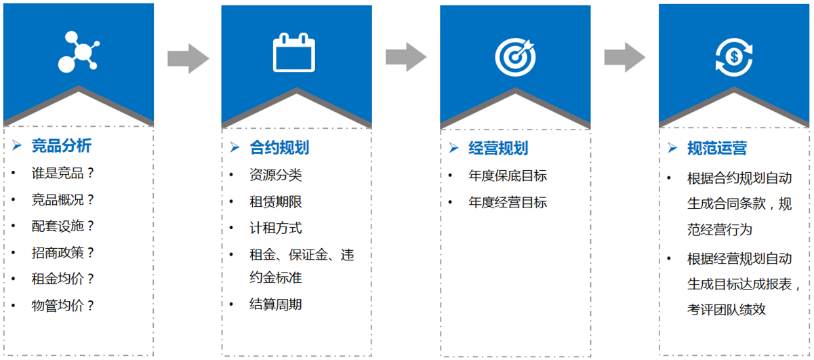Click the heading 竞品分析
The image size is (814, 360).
(61, 146)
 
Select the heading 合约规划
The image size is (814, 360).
(279, 147)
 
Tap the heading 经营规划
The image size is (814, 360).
(498, 148)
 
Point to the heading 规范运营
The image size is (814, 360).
(717, 148)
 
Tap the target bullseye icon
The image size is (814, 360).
(515, 57)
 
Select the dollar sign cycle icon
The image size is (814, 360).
(734, 57)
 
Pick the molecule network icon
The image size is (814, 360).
(79, 52)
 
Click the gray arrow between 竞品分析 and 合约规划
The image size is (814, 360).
(188, 58)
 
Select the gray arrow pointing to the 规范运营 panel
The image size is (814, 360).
(625, 57)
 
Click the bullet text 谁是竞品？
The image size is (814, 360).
(62, 173)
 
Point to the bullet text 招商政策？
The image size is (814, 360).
(62, 253)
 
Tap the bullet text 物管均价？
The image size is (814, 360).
(62, 306)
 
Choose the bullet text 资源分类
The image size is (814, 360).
(275, 175)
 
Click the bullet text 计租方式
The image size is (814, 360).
(275, 228)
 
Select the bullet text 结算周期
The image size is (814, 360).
(275, 304)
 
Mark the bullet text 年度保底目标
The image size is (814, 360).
(508, 176)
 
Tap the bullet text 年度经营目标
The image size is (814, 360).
(508, 202)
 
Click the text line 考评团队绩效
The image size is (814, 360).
(727, 309)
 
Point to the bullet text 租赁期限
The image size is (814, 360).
(275, 201)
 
